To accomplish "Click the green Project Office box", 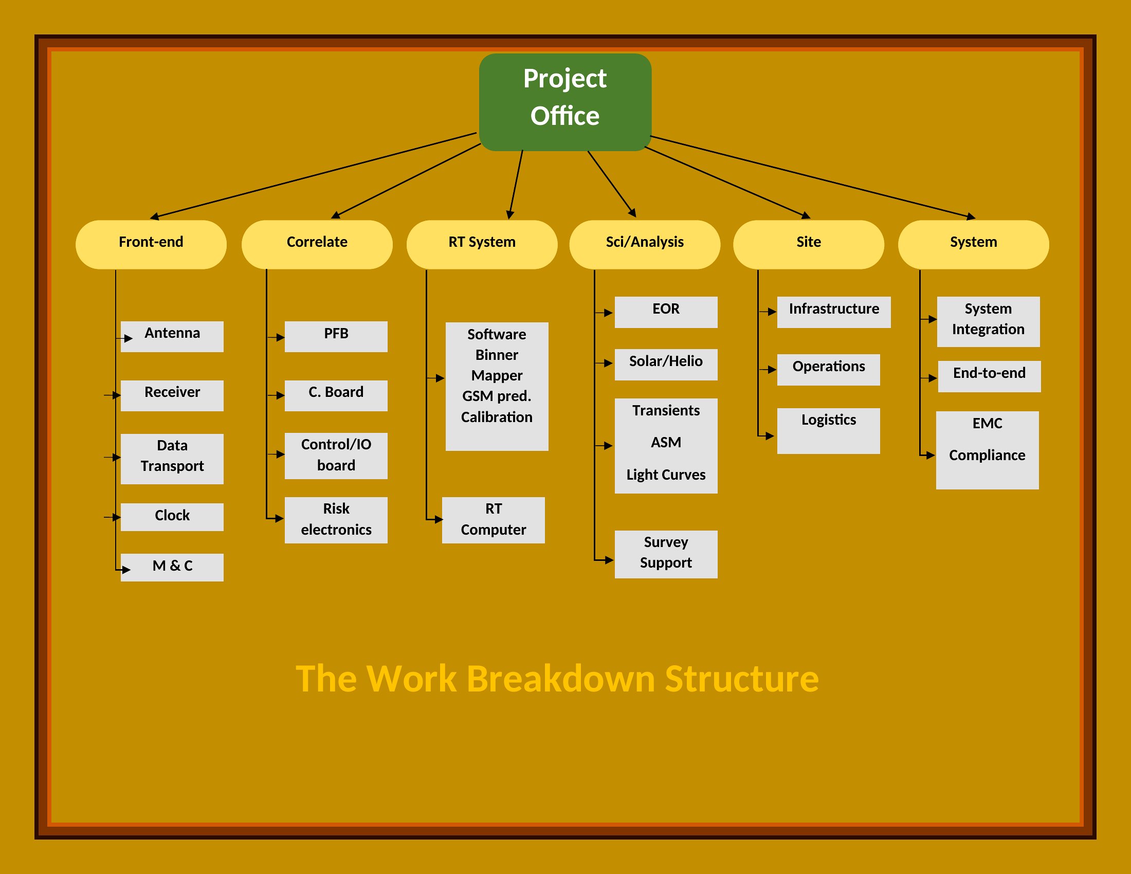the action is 565,102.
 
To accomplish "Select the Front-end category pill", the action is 151,244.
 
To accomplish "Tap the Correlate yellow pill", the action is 317,244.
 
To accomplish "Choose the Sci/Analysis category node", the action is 645,244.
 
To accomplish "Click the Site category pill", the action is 808,244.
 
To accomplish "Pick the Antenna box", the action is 172,337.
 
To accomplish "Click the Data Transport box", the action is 172,459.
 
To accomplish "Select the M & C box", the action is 172,568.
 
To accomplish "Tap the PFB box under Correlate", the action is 336,337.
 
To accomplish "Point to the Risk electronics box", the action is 336,520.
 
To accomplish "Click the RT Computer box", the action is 494,520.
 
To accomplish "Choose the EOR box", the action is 666,312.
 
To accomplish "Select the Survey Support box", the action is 666,554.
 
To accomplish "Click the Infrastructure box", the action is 834,312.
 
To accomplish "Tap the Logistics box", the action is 829,431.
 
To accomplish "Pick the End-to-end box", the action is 989,376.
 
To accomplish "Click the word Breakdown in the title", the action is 561,678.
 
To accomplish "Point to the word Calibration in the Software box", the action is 497,417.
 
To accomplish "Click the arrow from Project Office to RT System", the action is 516,185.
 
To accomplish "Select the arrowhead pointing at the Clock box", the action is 117,517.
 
